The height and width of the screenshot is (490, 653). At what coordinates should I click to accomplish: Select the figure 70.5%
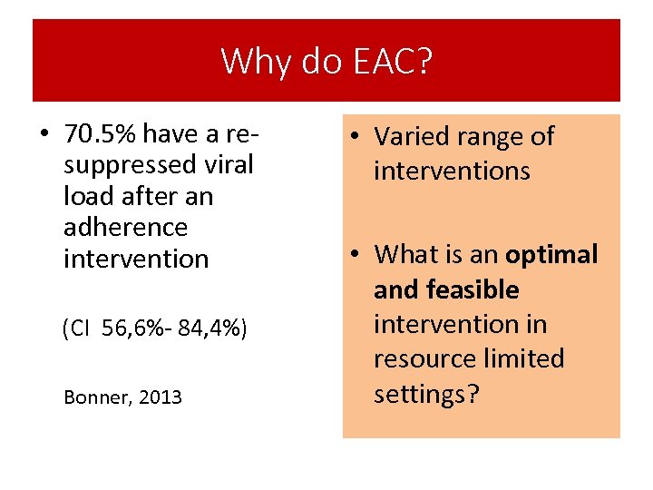tap(101, 135)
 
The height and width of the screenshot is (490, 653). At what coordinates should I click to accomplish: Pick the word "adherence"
tap(125, 227)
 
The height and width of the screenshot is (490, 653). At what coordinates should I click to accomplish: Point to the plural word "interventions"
tap(452, 171)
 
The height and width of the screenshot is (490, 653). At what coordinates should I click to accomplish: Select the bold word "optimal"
tap(551, 255)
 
